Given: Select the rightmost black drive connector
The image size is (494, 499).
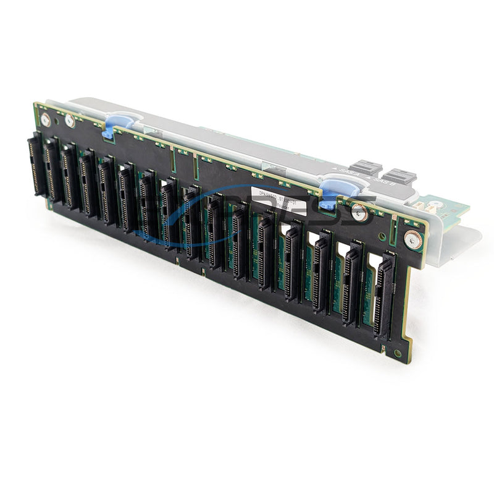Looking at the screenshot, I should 385,294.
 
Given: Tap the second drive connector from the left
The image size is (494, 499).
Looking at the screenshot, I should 52,171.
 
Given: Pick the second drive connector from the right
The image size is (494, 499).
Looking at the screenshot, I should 353,283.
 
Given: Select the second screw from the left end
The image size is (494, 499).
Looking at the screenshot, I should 70,122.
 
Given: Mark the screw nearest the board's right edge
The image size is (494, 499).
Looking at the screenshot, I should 411,239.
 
